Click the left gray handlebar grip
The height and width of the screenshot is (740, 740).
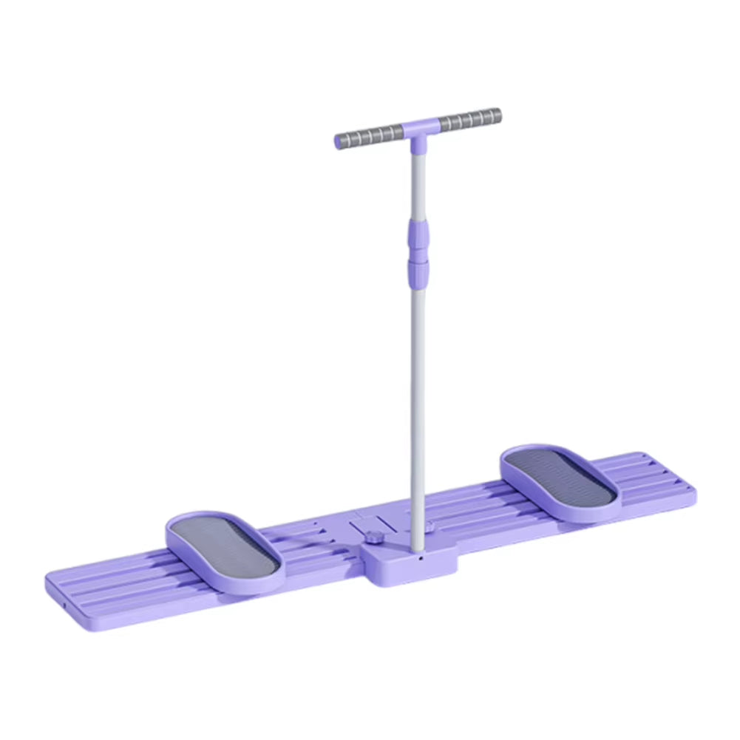coord(370,135)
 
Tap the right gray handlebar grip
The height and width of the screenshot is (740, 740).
coord(469,119)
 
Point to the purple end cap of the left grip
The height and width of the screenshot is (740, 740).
coord(339,141)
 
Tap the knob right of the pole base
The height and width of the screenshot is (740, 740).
coord(430,526)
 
